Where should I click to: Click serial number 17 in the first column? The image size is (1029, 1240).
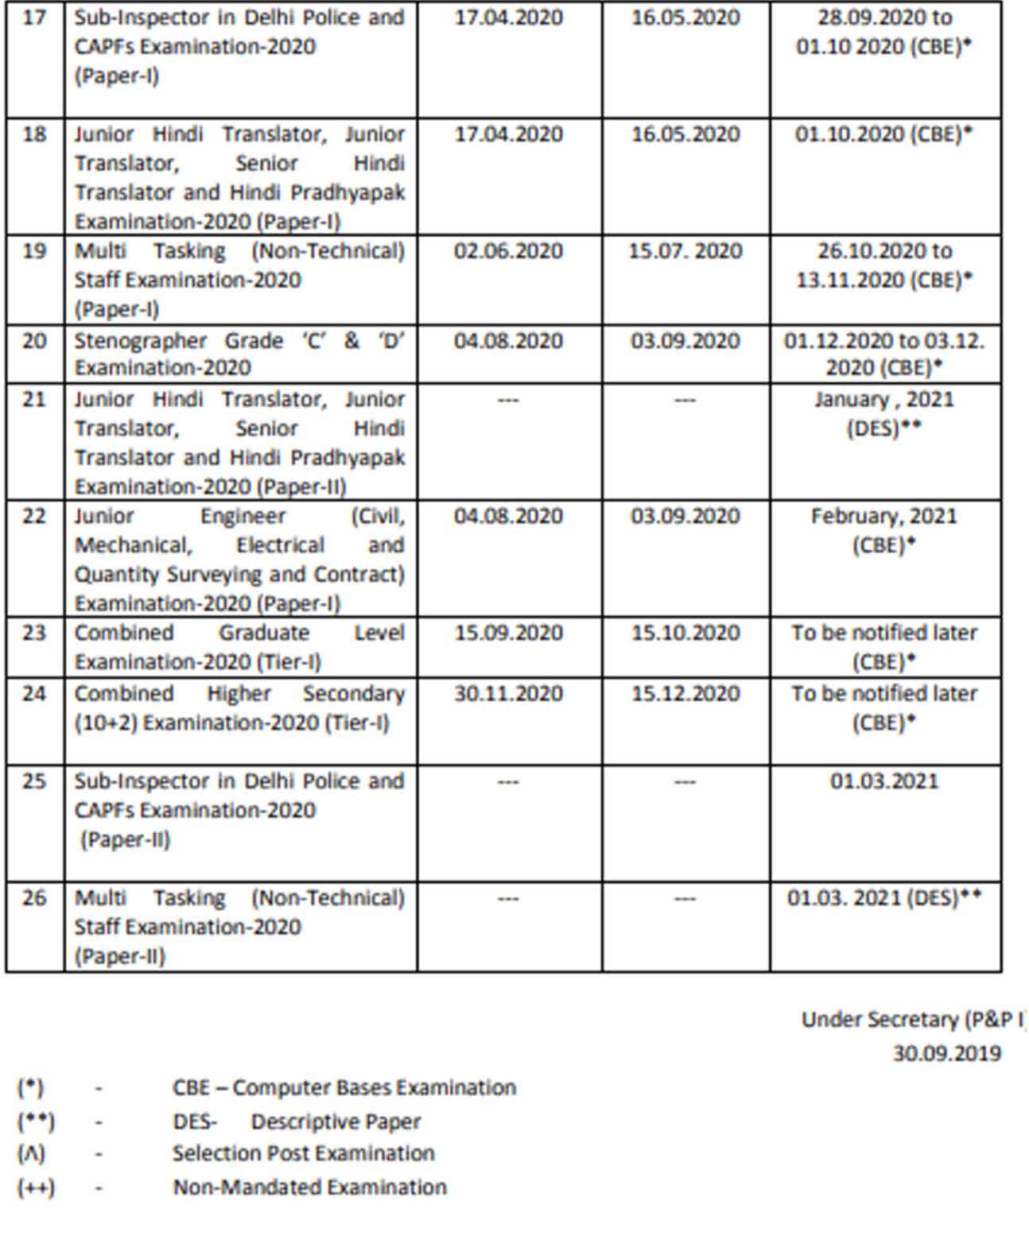coord(34,17)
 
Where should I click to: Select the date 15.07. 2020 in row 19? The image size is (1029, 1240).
coord(685,251)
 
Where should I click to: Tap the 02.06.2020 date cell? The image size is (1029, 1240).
coord(508,251)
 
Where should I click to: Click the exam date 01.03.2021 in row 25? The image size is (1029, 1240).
coord(884,781)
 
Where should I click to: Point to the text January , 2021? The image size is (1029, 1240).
coord(884,399)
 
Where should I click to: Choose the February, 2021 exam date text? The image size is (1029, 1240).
coord(884,517)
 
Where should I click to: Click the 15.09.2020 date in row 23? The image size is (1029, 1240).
coord(508,634)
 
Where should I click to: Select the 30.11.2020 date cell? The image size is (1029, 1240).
coord(508,694)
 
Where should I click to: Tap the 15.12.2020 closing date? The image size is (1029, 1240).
coord(685,694)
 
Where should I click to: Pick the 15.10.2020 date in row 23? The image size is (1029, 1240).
coord(685,634)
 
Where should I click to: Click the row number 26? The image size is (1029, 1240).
coord(34,898)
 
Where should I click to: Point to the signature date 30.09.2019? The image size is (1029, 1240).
coord(946,1053)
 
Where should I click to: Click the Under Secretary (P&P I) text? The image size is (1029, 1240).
coord(913,1020)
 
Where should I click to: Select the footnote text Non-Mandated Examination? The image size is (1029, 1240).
coord(310,1188)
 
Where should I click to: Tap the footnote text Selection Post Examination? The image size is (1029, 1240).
coord(304,1153)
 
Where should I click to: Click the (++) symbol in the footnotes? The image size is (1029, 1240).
coord(36,1188)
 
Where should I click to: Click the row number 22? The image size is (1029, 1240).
coord(34,517)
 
